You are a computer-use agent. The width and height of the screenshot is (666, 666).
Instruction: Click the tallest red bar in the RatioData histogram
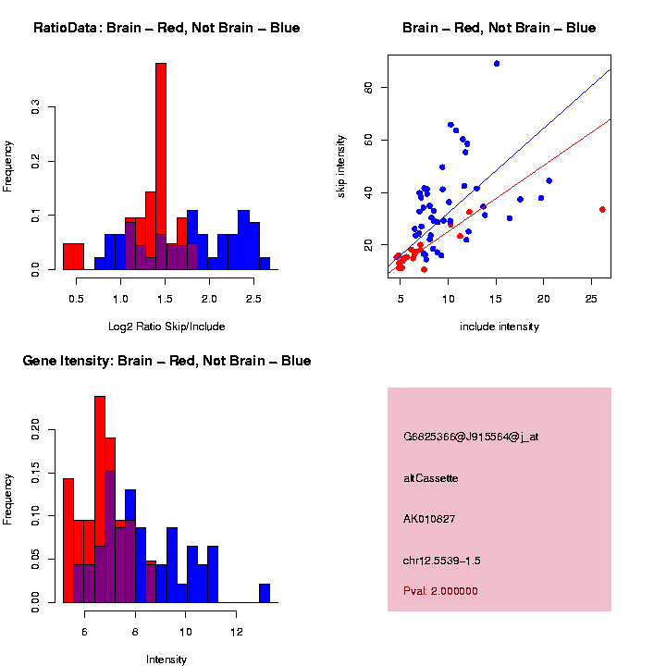point(161,166)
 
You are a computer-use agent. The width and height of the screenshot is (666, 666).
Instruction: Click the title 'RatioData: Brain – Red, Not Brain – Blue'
point(166,28)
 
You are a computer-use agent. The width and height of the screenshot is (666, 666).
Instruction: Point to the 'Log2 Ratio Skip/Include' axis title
point(166,327)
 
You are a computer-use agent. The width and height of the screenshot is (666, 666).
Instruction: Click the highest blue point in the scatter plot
point(497,64)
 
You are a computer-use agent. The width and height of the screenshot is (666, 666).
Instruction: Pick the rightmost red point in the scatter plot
point(602,209)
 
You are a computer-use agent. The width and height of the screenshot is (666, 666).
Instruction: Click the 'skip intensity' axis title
point(341,166)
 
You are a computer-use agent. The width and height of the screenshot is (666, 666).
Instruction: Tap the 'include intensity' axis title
point(499,327)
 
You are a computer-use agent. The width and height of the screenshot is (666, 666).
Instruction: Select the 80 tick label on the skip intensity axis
point(369,87)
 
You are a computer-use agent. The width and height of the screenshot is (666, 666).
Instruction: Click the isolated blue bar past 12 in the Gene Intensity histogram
point(265,593)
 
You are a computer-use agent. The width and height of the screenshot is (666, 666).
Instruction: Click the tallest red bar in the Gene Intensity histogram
point(100,499)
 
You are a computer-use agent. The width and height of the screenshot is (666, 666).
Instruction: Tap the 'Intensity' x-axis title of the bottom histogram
point(166,660)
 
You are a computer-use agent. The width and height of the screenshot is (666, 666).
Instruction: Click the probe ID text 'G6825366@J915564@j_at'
point(471,437)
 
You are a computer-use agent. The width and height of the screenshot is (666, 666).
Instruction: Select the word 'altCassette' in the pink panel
point(431,478)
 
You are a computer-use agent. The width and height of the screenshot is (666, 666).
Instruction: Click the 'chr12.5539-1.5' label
point(442,561)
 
